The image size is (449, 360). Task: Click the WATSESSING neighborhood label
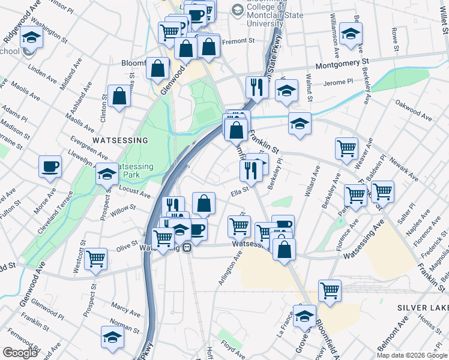click(120, 140)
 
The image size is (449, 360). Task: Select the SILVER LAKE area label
click(423, 307)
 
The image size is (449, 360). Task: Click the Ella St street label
click(240, 193)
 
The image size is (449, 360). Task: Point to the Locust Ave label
click(135, 193)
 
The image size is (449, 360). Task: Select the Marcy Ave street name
click(125, 310)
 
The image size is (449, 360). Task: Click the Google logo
click(20, 353)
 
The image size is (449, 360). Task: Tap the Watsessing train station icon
click(187, 247)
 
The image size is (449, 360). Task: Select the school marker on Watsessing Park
click(107, 174)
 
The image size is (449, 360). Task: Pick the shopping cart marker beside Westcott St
click(95, 259)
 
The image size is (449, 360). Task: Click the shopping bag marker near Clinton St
click(119, 95)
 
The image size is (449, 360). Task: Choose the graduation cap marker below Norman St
click(112, 337)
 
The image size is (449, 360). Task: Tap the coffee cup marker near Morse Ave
click(50, 166)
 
